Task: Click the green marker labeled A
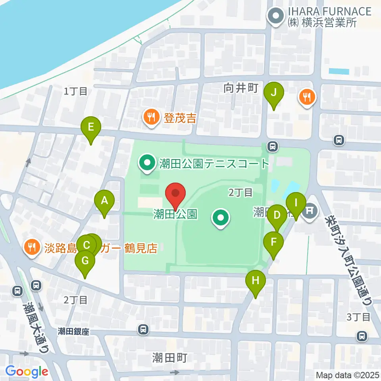pos(104,201)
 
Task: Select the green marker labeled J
pos(274,92)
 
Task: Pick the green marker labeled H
pos(255,281)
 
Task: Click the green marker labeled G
pos(85,261)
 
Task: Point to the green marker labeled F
pos(274,242)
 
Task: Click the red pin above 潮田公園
pos(175,194)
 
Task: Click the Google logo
pos(27,371)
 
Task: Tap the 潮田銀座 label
pos(73,331)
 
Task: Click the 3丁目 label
pos(358,316)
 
